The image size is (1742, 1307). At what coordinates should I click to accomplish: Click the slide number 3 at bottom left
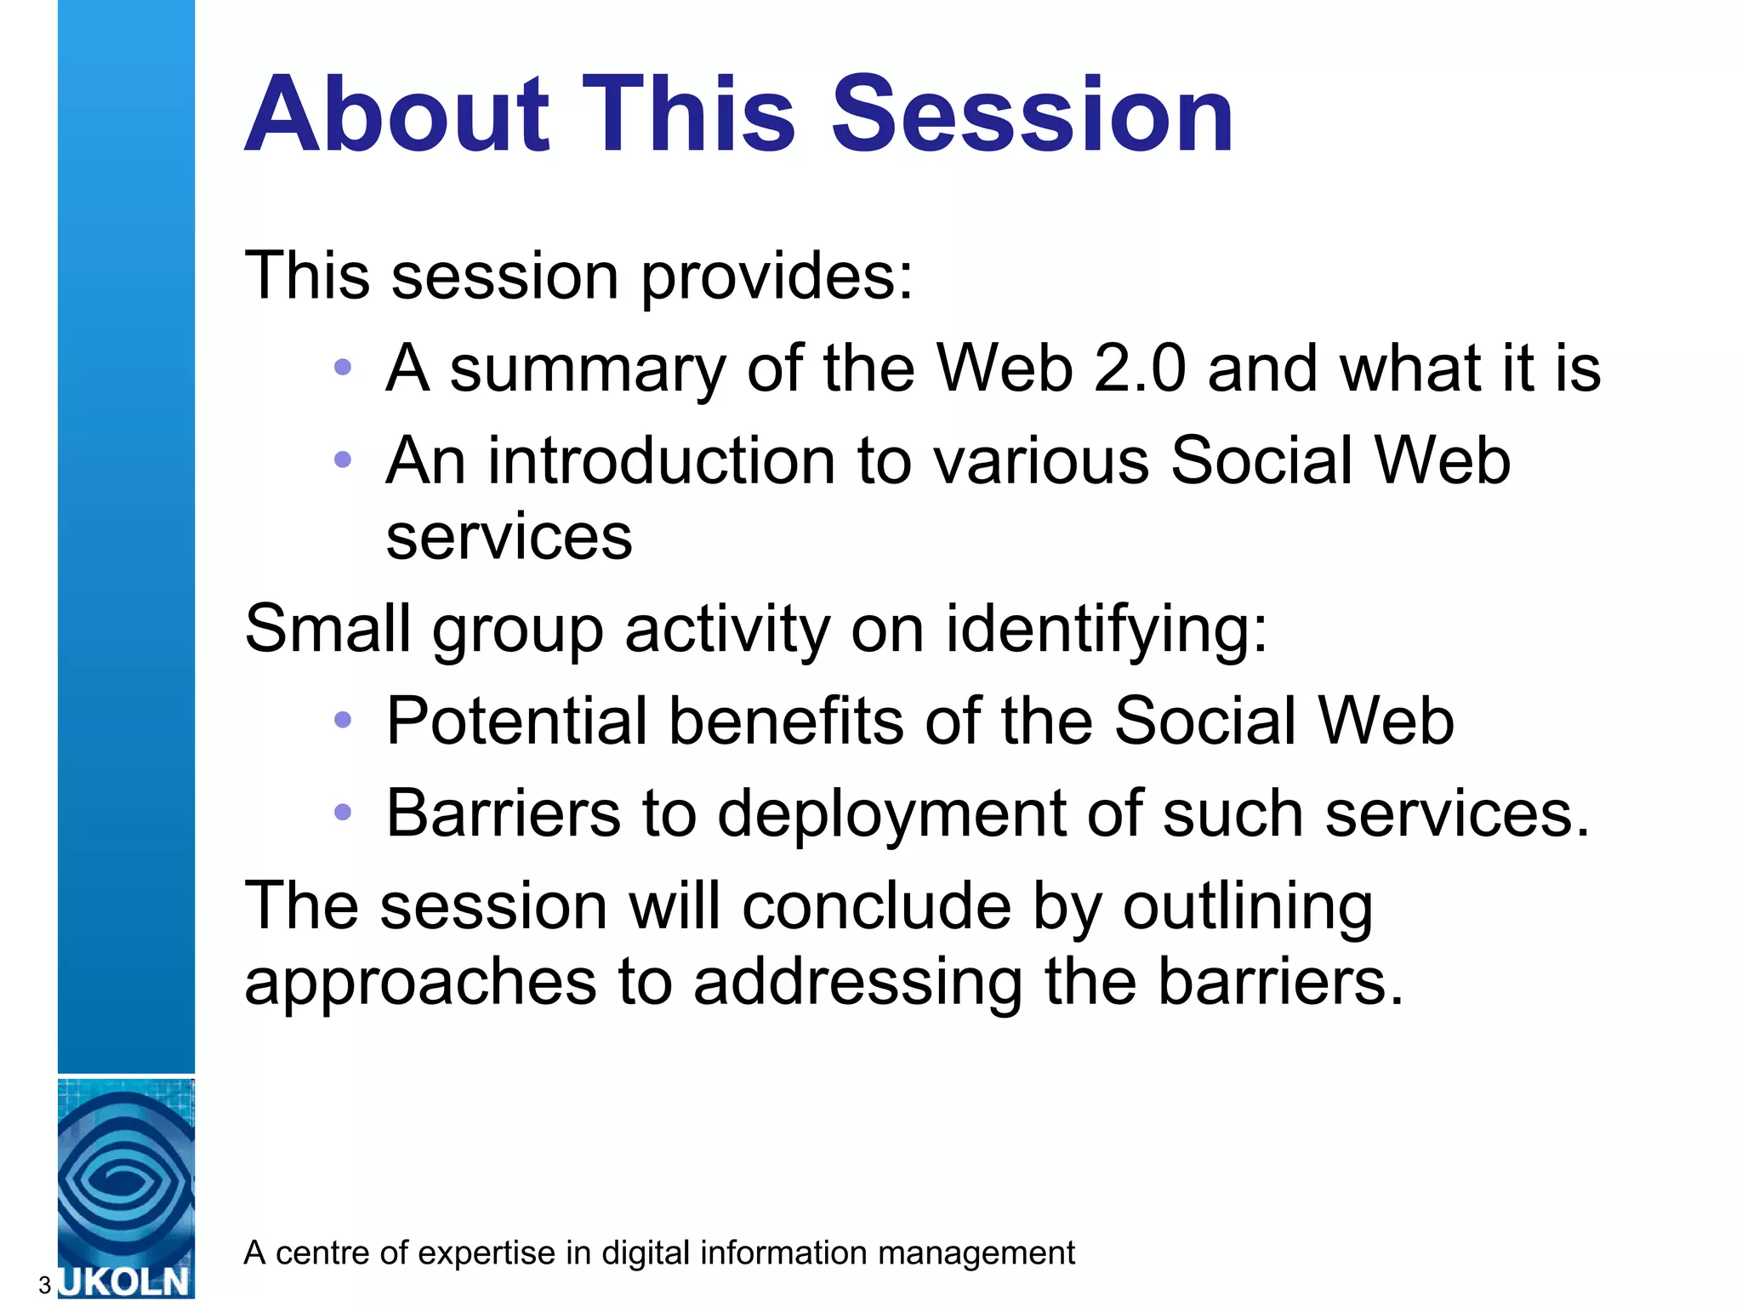point(44,1285)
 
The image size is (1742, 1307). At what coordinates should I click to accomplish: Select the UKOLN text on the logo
point(126,1281)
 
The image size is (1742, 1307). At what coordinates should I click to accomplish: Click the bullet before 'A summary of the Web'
point(343,368)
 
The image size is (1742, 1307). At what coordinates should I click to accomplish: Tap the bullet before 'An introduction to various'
point(343,460)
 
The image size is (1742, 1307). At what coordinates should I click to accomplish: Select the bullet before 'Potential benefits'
point(343,721)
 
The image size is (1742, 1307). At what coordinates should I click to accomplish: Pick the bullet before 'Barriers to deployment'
point(343,813)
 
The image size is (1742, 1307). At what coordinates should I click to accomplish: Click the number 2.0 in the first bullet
point(1139,368)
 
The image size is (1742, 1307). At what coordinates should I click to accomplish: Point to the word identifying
point(1106,631)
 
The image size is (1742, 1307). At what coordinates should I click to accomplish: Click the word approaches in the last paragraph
point(420,984)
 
